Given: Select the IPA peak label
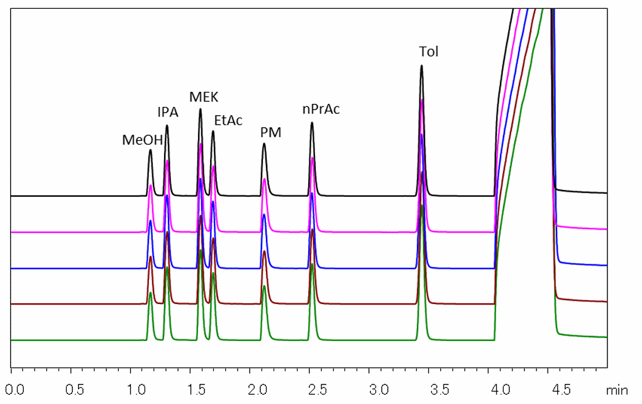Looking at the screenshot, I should pyautogui.click(x=168, y=113).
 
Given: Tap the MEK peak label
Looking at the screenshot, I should pyautogui.click(x=204, y=96).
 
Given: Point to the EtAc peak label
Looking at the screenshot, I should pyautogui.click(x=228, y=120).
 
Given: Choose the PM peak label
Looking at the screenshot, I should pyautogui.click(x=271, y=133).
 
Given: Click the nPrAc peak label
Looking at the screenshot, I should pyautogui.click(x=321, y=109).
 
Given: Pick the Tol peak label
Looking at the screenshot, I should pyautogui.click(x=429, y=52).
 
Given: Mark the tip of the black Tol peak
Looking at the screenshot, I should pyautogui.click(x=421, y=65).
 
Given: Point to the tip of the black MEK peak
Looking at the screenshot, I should pyautogui.click(x=201, y=109).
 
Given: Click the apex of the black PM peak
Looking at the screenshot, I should pyautogui.click(x=264, y=144).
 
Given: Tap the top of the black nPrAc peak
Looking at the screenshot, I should pyautogui.click(x=312, y=123).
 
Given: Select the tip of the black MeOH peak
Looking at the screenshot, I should pyautogui.click(x=151, y=150).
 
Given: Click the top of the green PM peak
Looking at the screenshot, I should pyautogui.click(x=264, y=286).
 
